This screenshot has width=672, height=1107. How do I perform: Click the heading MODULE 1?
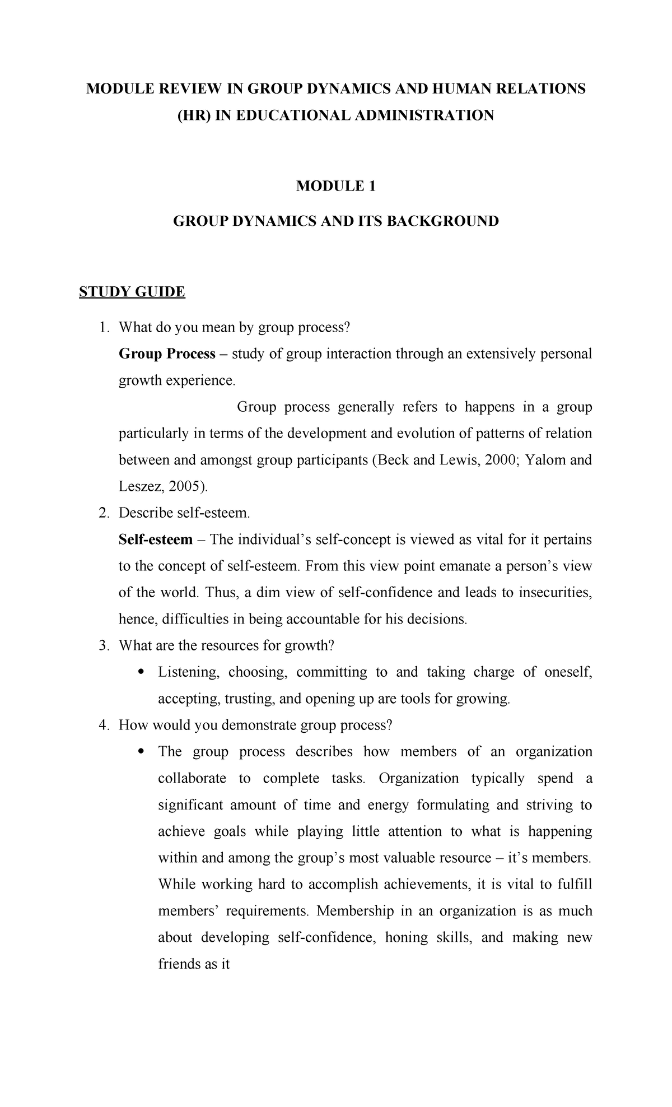click(335, 186)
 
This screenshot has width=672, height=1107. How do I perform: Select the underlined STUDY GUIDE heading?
click(132, 292)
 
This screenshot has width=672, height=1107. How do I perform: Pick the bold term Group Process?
click(167, 354)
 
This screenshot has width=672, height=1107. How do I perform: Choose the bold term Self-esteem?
click(155, 539)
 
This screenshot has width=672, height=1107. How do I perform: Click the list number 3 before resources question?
click(102, 645)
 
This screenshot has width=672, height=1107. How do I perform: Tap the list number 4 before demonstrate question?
click(102, 725)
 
